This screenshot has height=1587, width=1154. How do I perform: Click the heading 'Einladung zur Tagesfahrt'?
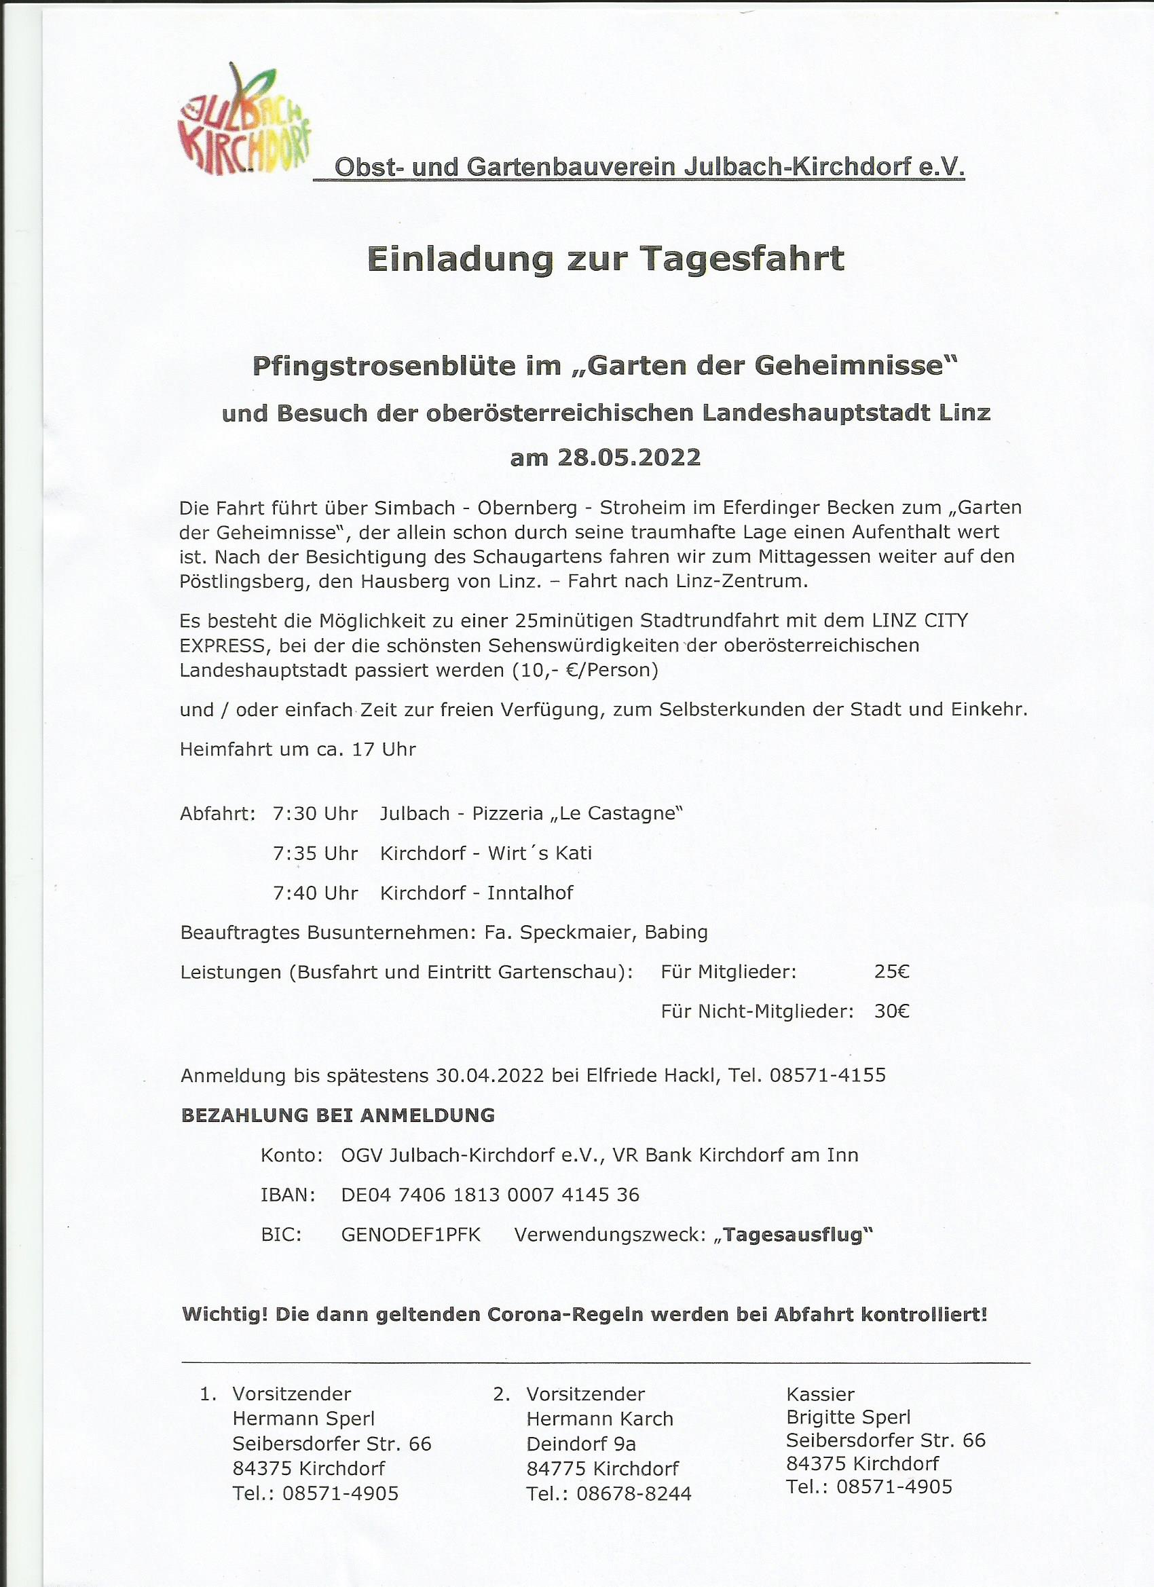pyautogui.click(x=606, y=258)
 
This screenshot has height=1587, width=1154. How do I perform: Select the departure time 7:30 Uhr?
pyautogui.click(x=316, y=814)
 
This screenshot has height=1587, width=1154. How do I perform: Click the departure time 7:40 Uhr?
pyautogui.click(x=316, y=893)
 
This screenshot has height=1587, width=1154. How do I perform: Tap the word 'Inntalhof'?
pyautogui.click(x=530, y=893)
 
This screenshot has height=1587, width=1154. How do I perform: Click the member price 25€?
pyautogui.click(x=891, y=972)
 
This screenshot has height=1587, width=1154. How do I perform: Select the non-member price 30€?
pyautogui.click(x=891, y=1011)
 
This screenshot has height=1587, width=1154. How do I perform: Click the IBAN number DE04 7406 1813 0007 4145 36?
pyautogui.click(x=490, y=1195)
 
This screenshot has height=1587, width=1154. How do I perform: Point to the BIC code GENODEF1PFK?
pyautogui.click(x=411, y=1234)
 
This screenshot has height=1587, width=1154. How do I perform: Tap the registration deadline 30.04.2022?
pyautogui.click(x=489, y=1075)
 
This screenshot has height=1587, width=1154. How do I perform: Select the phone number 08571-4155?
pyautogui.click(x=828, y=1075)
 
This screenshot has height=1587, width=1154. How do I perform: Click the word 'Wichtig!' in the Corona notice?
pyautogui.click(x=225, y=1314)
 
